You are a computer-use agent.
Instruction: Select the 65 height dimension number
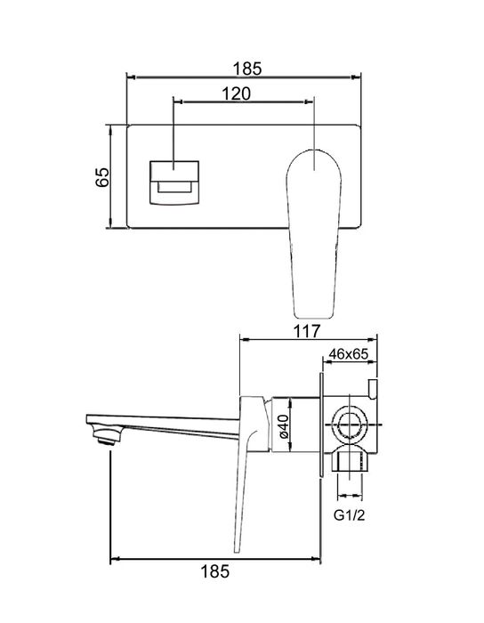[101, 177]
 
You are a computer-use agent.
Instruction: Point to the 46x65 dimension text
[348, 354]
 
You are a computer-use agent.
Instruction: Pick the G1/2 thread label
[349, 514]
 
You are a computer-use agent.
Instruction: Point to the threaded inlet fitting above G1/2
[349, 461]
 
